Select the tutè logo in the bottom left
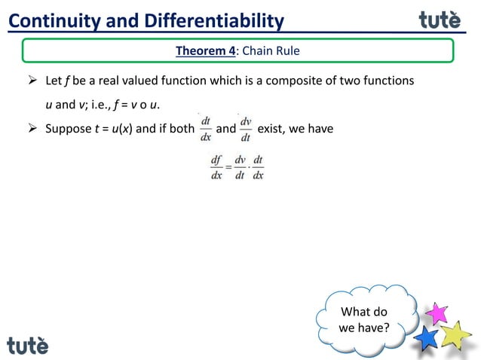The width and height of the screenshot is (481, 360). [28, 345]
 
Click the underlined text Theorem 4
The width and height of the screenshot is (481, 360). [206, 51]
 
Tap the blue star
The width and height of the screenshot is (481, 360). [427, 337]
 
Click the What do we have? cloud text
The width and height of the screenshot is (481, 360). [364, 320]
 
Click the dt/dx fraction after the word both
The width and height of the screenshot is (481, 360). [205, 129]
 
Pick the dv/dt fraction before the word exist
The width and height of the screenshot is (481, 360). [246, 129]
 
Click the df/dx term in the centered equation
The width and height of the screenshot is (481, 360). [217, 167]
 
